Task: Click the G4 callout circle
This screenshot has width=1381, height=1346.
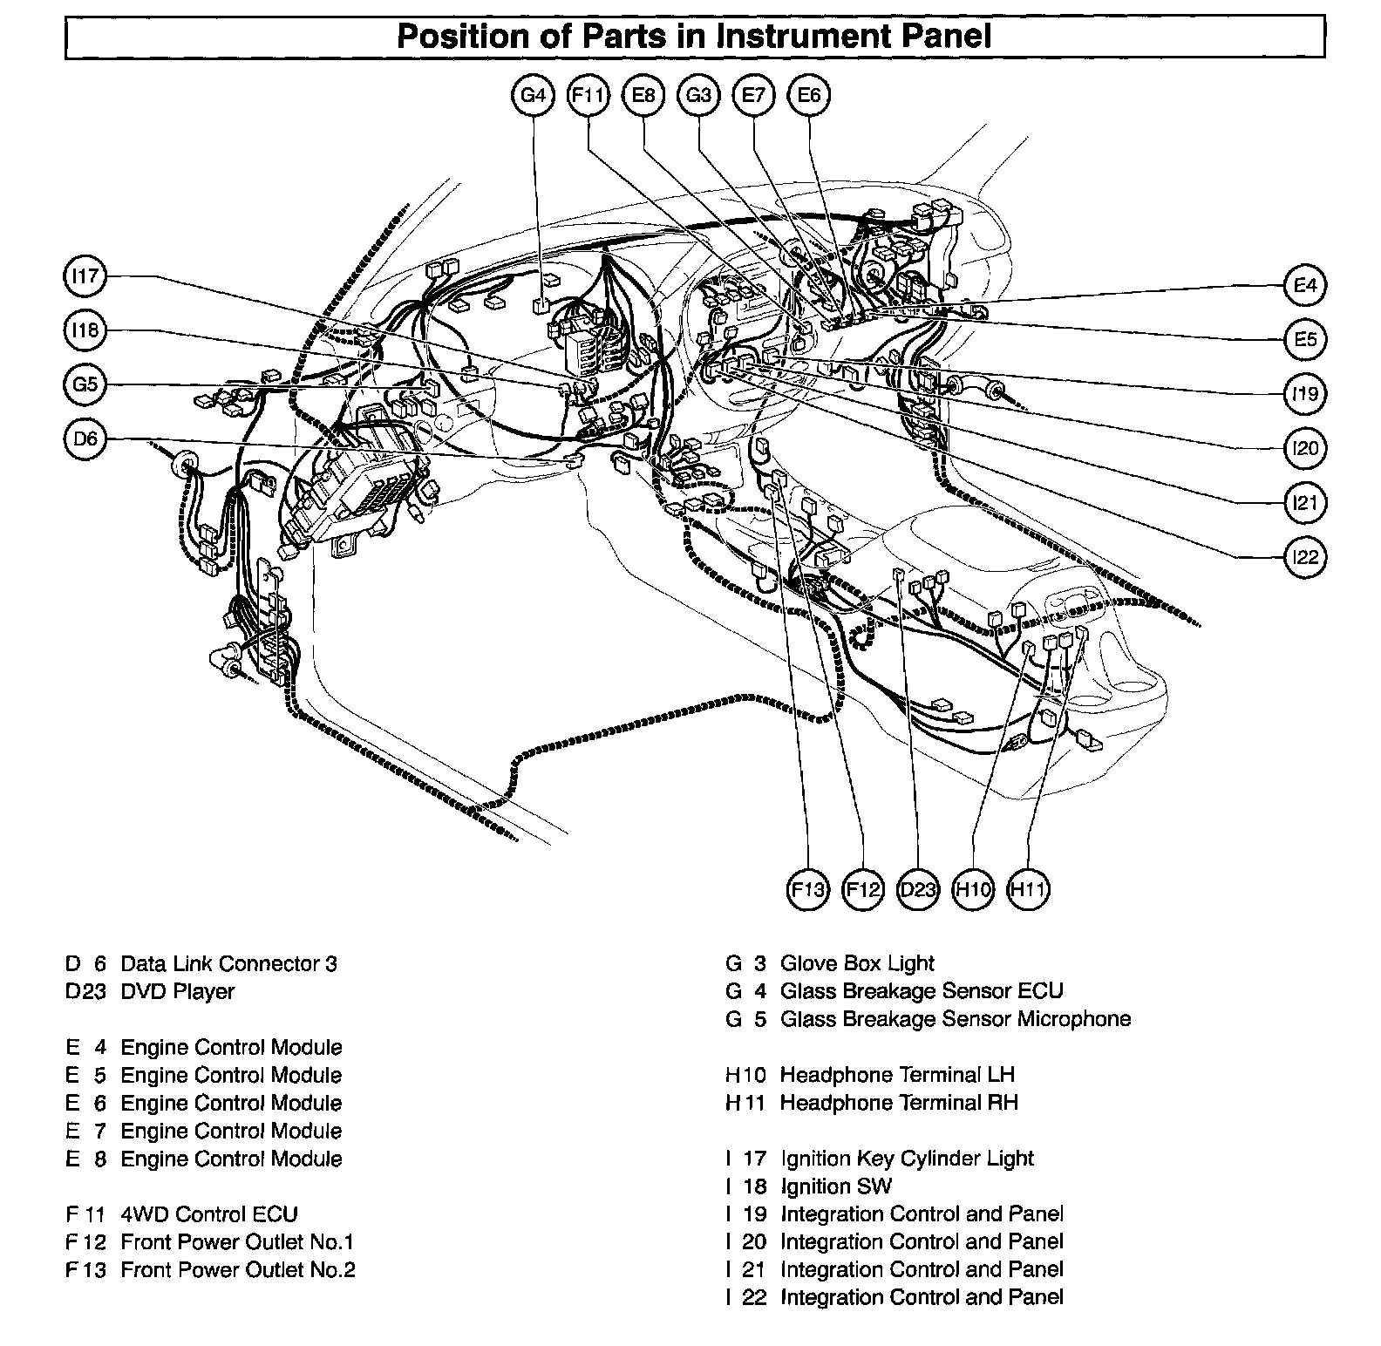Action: tap(533, 95)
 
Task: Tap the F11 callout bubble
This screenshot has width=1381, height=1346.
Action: tap(588, 95)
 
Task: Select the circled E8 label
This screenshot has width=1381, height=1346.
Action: tap(643, 95)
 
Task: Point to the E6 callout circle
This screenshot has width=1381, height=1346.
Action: tap(809, 95)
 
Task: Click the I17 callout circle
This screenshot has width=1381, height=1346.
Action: tap(85, 276)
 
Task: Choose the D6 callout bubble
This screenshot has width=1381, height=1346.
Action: tap(85, 438)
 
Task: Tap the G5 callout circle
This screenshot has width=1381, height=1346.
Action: tap(85, 384)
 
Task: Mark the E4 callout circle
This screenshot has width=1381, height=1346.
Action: tap(1305, 285)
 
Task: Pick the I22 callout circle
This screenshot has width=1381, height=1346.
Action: tap(1305, 557)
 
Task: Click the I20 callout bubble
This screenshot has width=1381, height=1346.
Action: tap(1305, 448)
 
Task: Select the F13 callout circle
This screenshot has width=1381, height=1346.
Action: tap(807, 890)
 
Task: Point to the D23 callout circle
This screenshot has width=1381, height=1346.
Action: tap(917, 890)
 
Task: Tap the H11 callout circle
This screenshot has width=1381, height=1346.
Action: tap(1028, 890)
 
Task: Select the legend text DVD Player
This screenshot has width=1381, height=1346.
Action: tap(177, 991)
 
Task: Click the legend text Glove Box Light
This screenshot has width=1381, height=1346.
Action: tap(857, 963)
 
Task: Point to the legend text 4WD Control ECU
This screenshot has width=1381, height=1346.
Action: tap(209, 1214)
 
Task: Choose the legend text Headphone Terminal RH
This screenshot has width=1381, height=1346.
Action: tap(899, 1103)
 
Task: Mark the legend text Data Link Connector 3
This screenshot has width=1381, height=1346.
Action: tap(228, 963)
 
